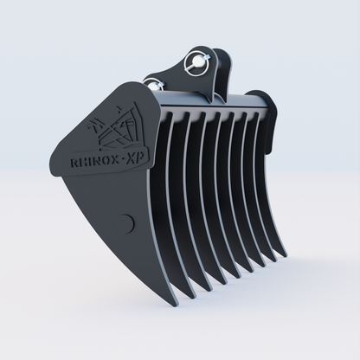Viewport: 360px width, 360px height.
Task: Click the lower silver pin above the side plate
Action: (x=155, y=84)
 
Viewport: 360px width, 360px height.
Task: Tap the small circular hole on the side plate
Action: (x=127, y=222)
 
